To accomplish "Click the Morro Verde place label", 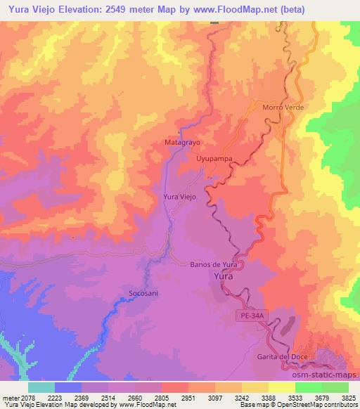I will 281,108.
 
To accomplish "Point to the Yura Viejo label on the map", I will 179,197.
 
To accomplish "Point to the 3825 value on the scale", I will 348,398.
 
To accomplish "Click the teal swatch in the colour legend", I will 41,387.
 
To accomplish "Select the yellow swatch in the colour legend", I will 281,387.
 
